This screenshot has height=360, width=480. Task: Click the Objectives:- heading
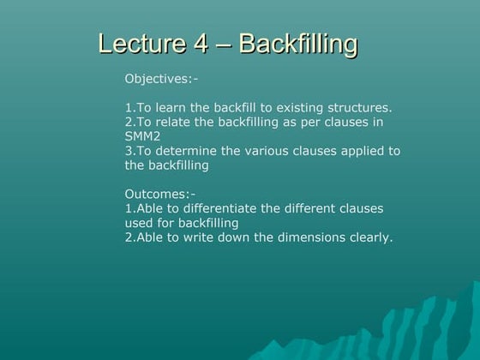(x=161, y=79)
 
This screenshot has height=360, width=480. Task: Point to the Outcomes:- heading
(x=159, y=194)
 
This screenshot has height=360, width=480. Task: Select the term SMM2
(x=142, y=136)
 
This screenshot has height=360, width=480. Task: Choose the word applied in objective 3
(x=360, y=151)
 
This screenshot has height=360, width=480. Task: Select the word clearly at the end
(x=369, y=237)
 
